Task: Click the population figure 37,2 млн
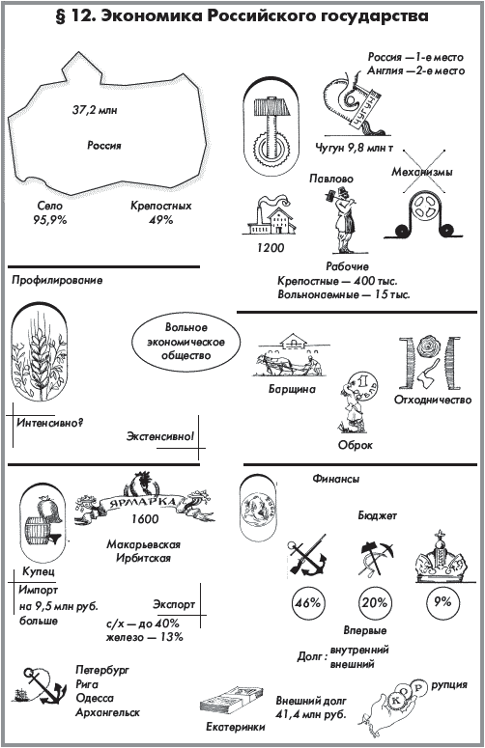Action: coord(95,110)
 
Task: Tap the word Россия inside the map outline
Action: coord(104,145)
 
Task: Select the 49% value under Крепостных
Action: coord(161,220)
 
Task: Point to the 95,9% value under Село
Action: coord(49,220)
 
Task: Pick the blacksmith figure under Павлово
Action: coord(342,220)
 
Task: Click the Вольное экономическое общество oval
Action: coord(185,342)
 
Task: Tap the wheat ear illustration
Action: coord(40,358)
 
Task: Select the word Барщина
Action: coord(292,389)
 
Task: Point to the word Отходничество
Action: coord(433,400)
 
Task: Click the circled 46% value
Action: coord(308,602)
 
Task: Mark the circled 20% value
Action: coord(375,602)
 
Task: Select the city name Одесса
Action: coord(95,699)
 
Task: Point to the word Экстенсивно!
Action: coord(160,436)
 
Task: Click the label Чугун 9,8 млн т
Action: coord(355,148)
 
